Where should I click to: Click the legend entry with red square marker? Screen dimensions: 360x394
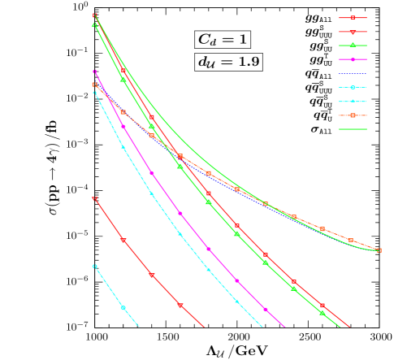pyautogui.click(x=353, y=18)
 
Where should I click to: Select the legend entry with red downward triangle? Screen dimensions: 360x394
pyautogui.click(x=353, y=32)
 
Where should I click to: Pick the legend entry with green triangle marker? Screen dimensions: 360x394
pyautogui.click(x=353, y=46)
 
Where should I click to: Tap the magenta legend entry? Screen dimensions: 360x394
pyautogui.click(x=353, y=59)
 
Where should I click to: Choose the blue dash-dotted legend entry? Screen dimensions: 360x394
pyautogui.click(x=353, y=73)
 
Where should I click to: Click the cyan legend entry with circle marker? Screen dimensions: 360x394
pyautogui.click(x=353, y=87)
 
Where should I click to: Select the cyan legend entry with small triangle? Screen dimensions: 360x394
pyautogui.click(x=353, y=101)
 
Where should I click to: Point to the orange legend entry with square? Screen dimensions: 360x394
pyautogui.click(x=353, y=115)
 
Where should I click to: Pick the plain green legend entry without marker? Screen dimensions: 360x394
pyautogui.click(x=353, y=128)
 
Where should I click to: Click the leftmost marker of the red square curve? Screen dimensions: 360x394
pyautogui.click(x=95, y=15)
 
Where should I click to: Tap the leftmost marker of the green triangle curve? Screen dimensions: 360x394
pyautogui.click(x=94, y=25)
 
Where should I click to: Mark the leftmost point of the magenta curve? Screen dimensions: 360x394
pyautogui.click(x=95, y=72)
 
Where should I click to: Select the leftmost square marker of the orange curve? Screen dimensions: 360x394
pyautogui.click(x=94, y=85)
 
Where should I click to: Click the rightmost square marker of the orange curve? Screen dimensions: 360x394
pyautogui.click(x=379, y=250)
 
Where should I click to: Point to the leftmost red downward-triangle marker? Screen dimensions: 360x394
pyautogui.click(x=94, y=198)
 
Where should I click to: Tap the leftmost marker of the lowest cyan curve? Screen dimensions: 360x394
pyautogui.click(x=94, y=266)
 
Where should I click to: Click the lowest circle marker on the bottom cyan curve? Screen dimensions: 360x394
pyautogui.click(x=123, y=308)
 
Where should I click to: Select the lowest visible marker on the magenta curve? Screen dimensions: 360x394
pyautogui.click(x=266, y=310)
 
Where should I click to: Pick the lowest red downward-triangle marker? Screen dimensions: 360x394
pyautogui.click(x=180, y=306)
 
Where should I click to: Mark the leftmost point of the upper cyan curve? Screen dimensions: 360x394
pyautogui.click(x=94, y=92)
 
